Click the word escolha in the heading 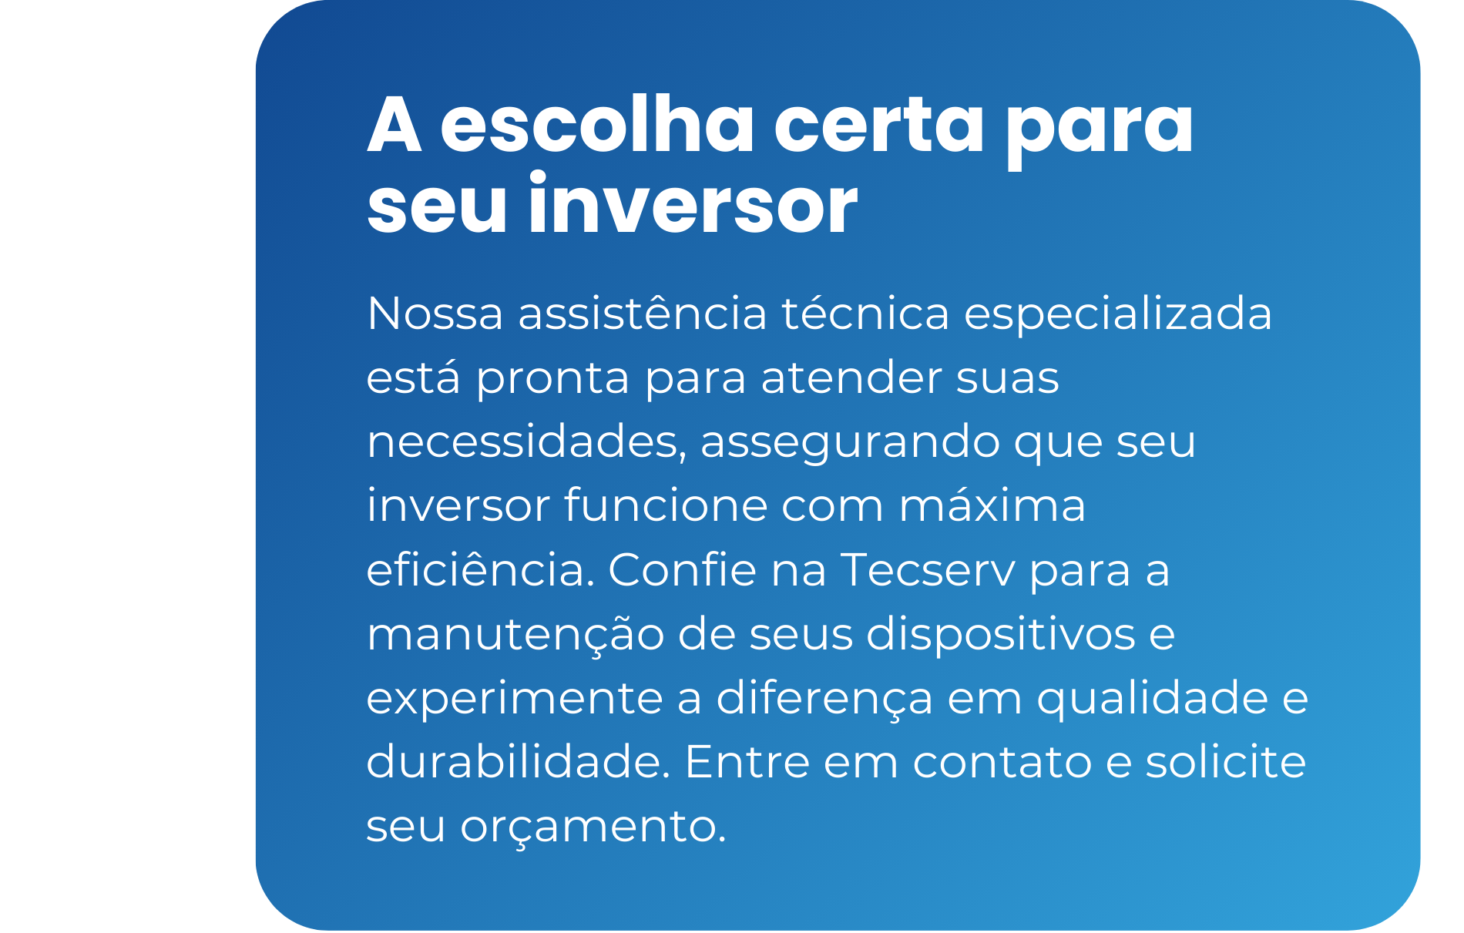[x=597, y=124]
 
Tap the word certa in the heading [x=879, y=126]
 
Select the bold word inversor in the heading [x=693, y=203]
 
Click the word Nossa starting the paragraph [x=435, y=314]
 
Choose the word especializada [x=1118, y=315]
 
